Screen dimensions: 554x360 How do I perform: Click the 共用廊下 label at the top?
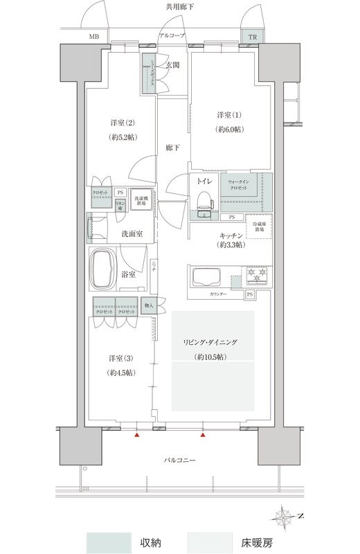(x=179, y=6)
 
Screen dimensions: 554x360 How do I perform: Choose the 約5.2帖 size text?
(x=122, y=137)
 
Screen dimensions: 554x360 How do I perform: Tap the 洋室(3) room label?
(x=121, y=358)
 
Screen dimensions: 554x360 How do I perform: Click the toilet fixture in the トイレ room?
(x=204, y=199)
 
